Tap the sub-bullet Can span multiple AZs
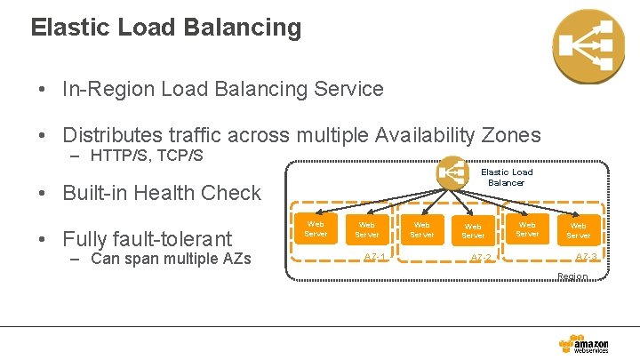(x=171, y=260)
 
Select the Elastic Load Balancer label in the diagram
(x=507, y=177)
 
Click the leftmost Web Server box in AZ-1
(x=316, y=229)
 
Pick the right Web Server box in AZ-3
(x=578, y=231)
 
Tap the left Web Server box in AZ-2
(x=421, y=230)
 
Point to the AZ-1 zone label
(x=375, y=257)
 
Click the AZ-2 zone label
(x=481, y=258)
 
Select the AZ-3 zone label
(x=586, y=257)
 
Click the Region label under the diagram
(x=572, y=276)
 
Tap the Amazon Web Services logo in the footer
(x=584, y=345)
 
